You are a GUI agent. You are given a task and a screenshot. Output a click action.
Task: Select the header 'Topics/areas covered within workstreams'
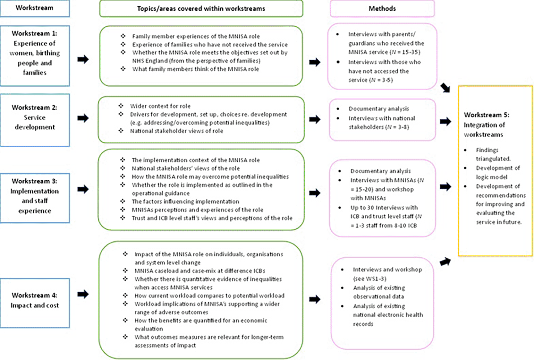(201, 9)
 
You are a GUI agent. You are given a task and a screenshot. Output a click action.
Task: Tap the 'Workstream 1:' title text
(35, 33)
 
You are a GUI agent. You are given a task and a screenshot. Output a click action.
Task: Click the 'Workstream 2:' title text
(35, 107)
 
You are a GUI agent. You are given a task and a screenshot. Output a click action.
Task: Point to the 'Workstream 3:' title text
(35, 181)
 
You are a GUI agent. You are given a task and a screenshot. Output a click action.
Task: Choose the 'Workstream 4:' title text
(35, 296)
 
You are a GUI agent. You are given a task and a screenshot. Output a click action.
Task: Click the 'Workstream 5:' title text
(487, 115)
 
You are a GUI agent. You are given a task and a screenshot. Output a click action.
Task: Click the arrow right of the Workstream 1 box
(83, 59)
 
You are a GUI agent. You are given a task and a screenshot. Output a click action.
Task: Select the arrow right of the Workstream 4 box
(83, 294)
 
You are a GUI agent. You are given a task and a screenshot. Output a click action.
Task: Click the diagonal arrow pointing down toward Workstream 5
(445, 88)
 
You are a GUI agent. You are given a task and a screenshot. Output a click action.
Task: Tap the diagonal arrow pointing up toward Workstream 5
(445, 262)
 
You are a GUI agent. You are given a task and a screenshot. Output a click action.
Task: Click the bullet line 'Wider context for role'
(160, 106)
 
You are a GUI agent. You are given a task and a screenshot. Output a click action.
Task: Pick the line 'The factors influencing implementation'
(185, 201)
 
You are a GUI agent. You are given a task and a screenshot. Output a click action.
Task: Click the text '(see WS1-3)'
(370, 279)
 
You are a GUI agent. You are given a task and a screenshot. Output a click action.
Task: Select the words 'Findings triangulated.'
(493, 154)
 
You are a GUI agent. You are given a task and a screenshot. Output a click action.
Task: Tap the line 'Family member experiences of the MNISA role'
(196, 37)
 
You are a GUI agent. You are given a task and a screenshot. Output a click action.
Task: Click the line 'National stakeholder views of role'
(177, 131)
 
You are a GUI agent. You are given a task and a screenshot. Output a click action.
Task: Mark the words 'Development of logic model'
(498, 173)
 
